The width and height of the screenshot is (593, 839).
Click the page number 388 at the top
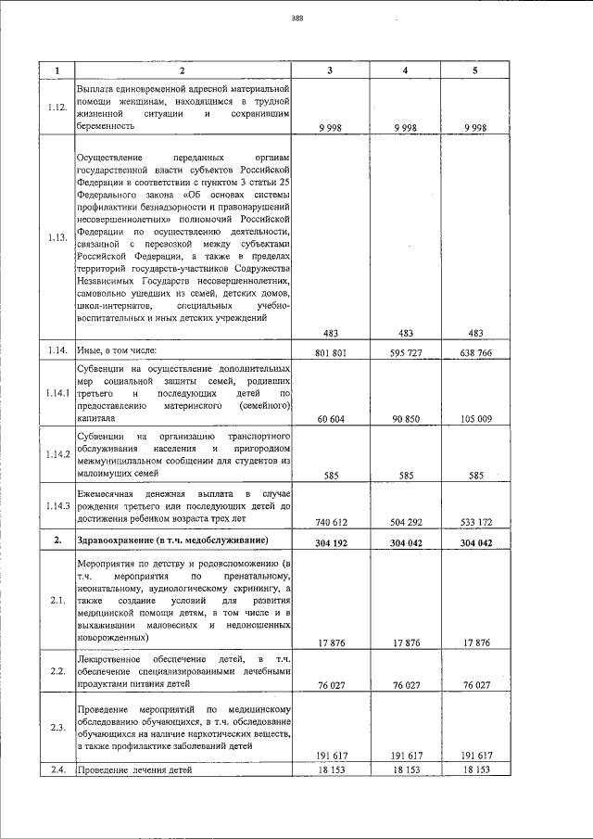[x=297, y=18]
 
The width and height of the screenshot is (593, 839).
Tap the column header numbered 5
[x=477, y=70]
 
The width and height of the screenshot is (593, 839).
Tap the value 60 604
[x=330, y=419]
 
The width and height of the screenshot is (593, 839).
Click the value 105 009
[x=476, y=419]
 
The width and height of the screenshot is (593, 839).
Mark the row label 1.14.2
[x=57, y=454]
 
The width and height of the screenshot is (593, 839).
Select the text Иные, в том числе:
[x=117, y=350]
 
